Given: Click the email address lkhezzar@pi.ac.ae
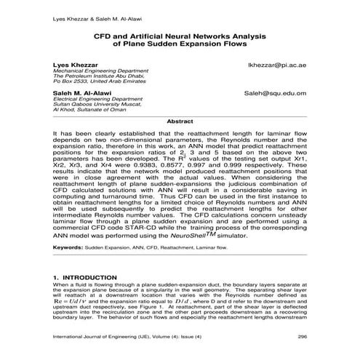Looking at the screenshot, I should tap(277, 65).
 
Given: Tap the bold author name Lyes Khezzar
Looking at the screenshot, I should tap(73, 65).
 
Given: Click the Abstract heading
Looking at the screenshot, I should tap(180, 121).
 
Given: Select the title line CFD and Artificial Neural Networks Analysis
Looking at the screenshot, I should tap(179, 34).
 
